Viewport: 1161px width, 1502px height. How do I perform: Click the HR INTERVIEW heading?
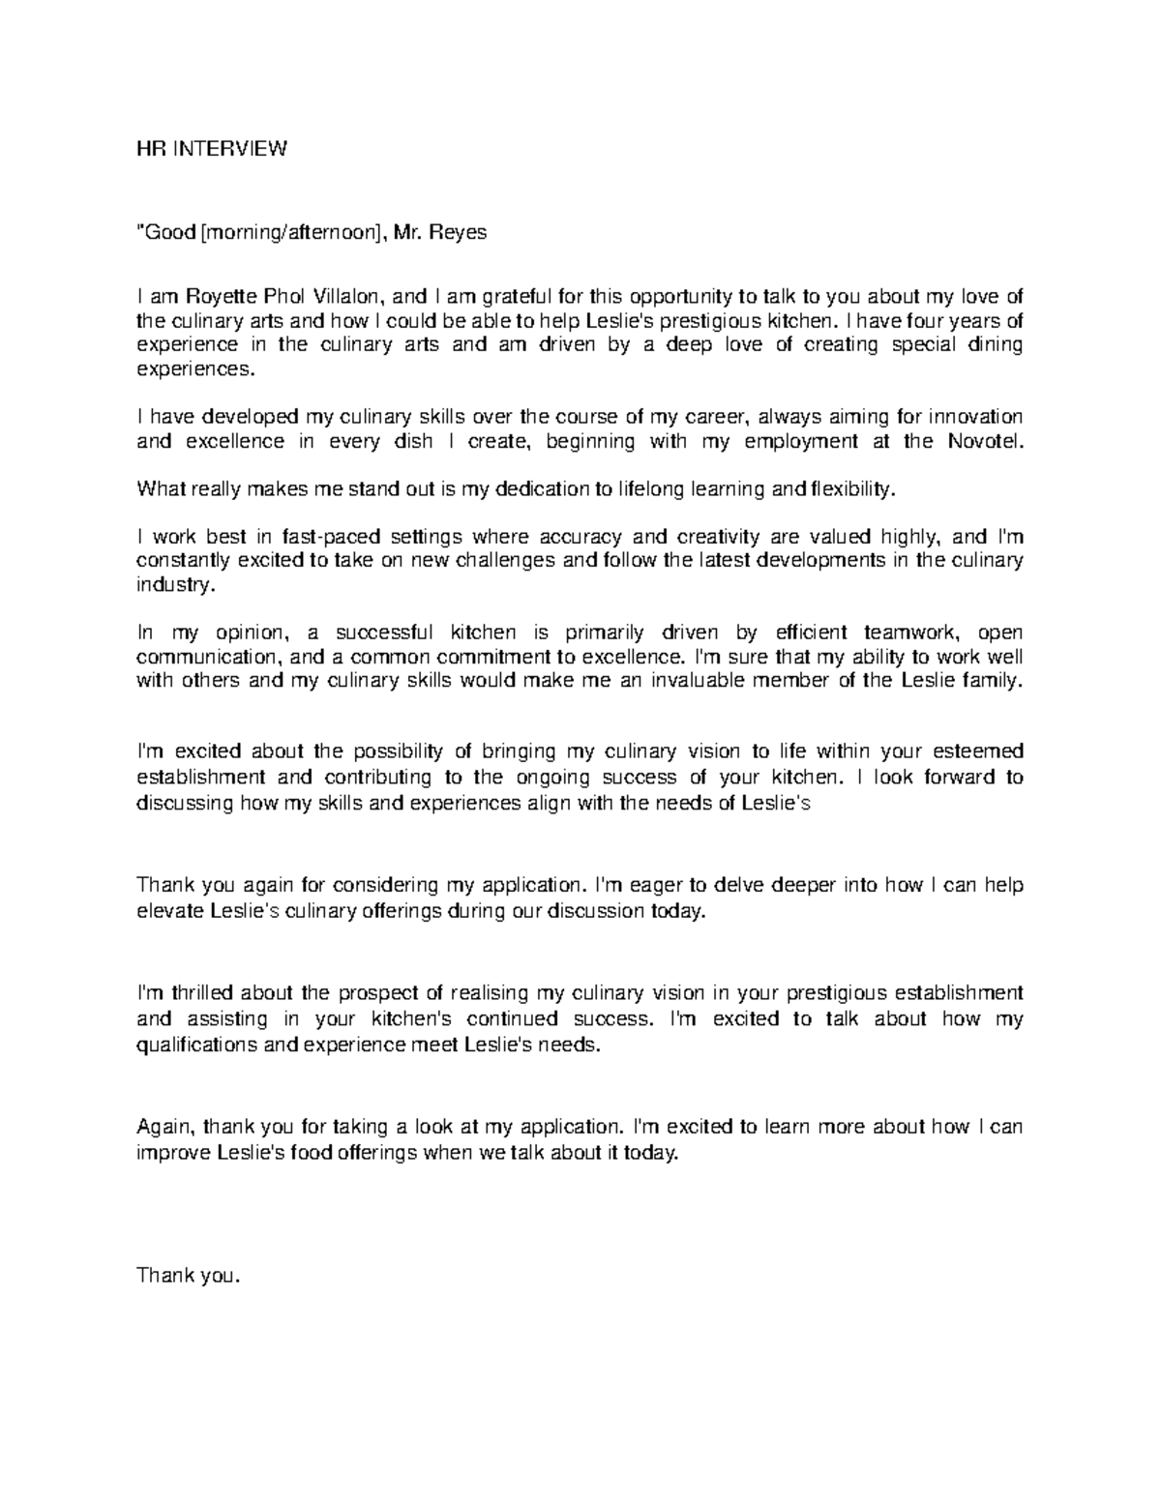212,150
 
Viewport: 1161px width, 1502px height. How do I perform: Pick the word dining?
996,345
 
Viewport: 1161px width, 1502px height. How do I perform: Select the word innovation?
974,417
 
